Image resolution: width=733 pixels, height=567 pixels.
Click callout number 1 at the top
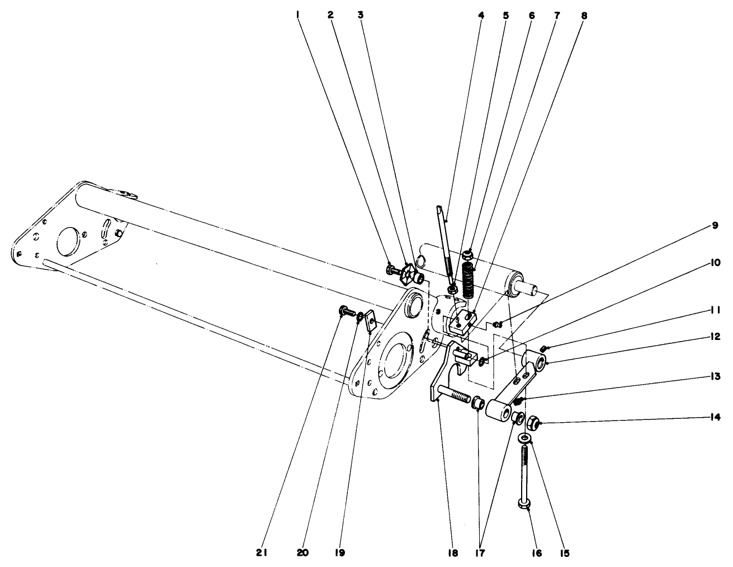click(299, 15)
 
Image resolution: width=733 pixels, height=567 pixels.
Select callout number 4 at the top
click(481, 15)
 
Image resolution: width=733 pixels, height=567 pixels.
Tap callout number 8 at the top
click(584, 15)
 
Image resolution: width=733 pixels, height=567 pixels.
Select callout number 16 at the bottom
click(537, 553)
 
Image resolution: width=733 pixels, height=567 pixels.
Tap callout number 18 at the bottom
click(452, 553)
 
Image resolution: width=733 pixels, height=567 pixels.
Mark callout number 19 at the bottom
click(341, 553)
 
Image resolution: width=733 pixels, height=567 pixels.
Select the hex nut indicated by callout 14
click(533, 423)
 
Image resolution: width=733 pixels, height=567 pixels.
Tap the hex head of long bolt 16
click(524, 504)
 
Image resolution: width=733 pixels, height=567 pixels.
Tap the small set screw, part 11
click(543, 350)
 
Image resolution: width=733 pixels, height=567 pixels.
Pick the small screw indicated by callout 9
click(498, 323)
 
